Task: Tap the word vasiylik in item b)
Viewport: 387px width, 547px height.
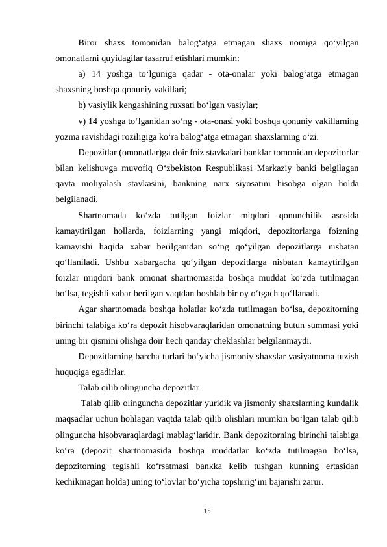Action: (x=107, y=104)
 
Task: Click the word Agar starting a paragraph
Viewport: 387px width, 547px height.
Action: (x=88, y=309)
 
